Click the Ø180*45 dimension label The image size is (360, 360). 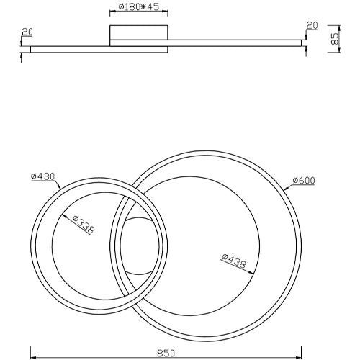tap(139, 7)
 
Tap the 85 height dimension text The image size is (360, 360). tap(334, 38)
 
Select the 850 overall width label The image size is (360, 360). tap(166, 354)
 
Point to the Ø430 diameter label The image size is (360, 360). tap(43, 176)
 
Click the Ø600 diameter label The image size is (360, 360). tap(304, 180)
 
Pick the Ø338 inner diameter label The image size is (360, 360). tap(84, 225)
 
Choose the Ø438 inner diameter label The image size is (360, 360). tap(234, 261)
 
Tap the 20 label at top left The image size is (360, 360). tap(27, 32)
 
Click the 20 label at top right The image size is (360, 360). tap(312, 25)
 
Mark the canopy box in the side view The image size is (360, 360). tap(139, 32)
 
